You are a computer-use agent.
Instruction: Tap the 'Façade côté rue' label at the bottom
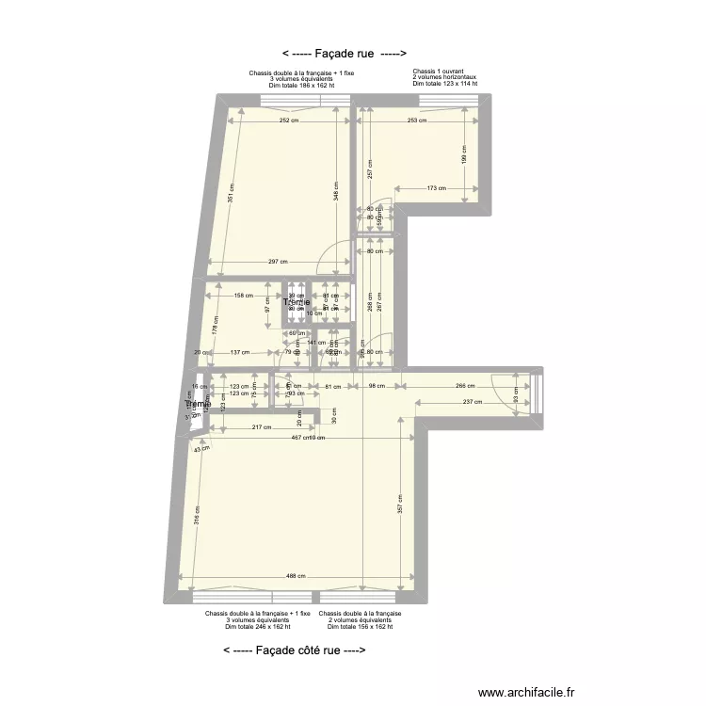(294, 650)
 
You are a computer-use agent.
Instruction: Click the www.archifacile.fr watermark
(525, 692)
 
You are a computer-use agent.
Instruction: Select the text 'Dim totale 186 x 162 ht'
(301, 85)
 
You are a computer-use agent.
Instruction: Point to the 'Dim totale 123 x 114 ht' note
(444, 84)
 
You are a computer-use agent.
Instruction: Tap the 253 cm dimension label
(419, 120)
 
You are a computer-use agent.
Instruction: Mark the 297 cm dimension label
(277, 262)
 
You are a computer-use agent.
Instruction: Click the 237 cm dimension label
(473, 402)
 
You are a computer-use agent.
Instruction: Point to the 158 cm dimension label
(243, 296)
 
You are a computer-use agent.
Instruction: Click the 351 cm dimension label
(232, 193)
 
